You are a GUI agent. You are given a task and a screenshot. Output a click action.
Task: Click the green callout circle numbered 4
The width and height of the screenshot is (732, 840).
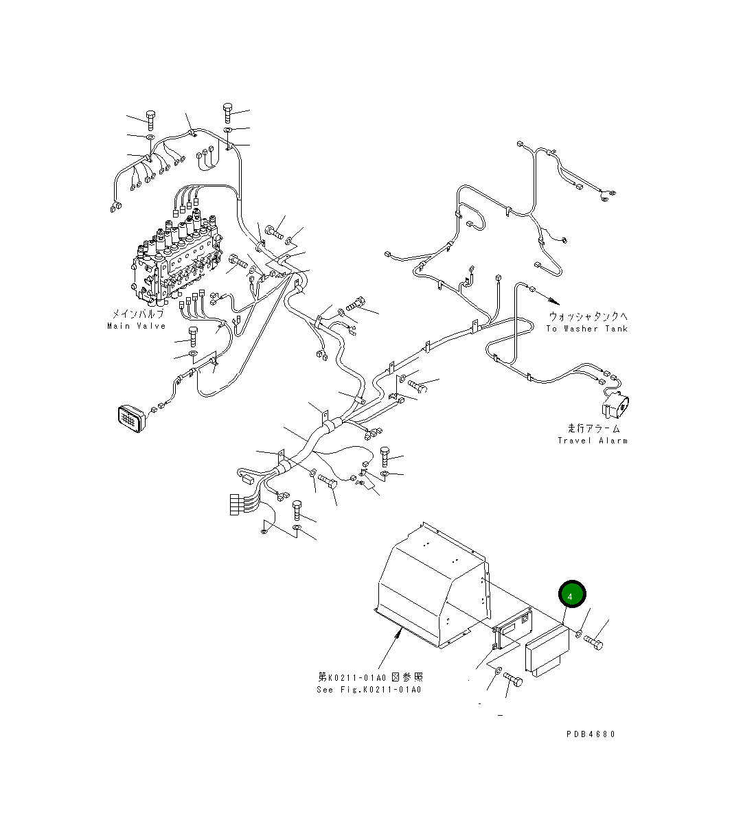[x=572, y=594]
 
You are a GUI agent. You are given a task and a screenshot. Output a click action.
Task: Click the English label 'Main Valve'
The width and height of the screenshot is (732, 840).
[x=137, y=326]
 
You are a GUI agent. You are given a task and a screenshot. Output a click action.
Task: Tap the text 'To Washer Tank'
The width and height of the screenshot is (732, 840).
[x=586, y=329]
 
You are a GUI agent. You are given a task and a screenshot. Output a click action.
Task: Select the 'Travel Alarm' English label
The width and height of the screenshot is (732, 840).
[x=593, y=441]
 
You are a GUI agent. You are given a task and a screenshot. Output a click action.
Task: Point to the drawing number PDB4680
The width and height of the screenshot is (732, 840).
[x=591, y=734]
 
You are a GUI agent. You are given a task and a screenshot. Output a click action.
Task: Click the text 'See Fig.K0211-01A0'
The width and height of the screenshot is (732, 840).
[x=369, y=690]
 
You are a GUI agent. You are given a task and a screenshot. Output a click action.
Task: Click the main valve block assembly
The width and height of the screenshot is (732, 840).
[x=176, y=259]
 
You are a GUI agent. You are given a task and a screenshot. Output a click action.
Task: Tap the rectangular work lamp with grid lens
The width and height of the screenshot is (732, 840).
[x=132, y=419]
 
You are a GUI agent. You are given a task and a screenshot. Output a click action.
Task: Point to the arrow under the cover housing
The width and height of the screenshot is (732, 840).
[x=389, y=652]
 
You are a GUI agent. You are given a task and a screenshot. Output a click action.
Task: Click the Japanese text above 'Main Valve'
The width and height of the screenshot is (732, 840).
[x=138, y=314]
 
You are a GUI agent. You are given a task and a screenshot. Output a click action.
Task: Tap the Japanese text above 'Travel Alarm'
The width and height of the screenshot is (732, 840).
[x=593, y=429]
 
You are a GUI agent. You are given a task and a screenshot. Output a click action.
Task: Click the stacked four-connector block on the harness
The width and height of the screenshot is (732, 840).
[x=235, y=504]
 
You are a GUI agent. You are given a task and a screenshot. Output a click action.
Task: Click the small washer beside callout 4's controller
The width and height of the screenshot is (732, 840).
[x=578, y=633]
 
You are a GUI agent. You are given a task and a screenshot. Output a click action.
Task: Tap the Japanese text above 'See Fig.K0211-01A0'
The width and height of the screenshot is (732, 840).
[x=371, y=677]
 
